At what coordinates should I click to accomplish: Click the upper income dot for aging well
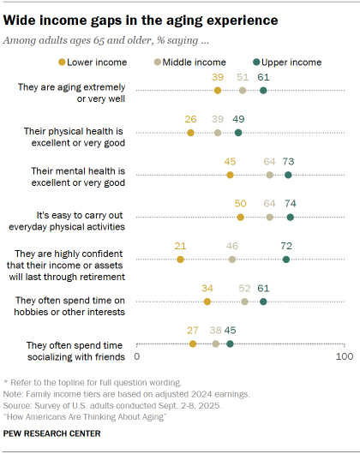click(263, 90)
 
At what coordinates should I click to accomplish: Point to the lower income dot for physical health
click(190, 133)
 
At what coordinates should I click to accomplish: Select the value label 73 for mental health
click(288, 162)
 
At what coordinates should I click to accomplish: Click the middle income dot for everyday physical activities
click(270, 218)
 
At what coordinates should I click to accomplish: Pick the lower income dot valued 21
click(180, 259)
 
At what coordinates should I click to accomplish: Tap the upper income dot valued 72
click(286, 259)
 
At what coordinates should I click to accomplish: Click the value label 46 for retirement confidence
click(232, 246)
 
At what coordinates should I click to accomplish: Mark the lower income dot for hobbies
click(207, 302)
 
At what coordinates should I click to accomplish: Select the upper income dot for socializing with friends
click(230, 343)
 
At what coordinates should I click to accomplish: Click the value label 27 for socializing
click(193, 331)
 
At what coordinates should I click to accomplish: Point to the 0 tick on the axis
click(137, 357)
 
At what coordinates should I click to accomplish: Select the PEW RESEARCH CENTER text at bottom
click(52, 434)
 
